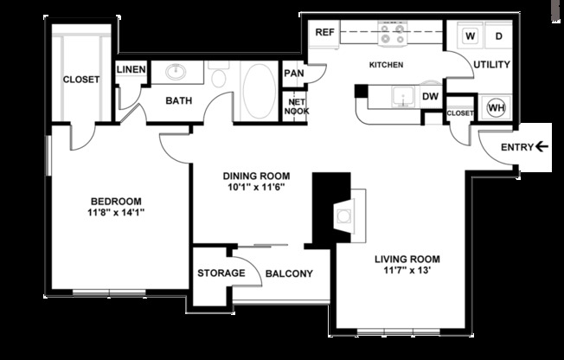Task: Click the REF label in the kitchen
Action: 324,32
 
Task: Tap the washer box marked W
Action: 471,36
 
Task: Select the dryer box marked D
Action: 498,36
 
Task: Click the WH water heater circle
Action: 496,108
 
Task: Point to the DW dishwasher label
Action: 430,97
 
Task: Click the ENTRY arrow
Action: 542,147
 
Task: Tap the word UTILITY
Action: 490,65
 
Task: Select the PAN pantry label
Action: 293,74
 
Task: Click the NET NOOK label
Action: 298,106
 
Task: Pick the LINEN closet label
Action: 131,70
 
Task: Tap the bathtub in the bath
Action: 256,90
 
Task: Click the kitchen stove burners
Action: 393,34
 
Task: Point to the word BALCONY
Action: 289,274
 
